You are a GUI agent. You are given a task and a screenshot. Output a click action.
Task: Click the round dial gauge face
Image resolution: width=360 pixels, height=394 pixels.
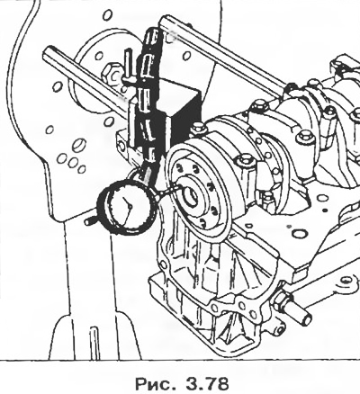click(128, 207)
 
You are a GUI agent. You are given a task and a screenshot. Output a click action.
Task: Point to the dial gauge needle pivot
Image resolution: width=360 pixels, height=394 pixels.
click(130, 206)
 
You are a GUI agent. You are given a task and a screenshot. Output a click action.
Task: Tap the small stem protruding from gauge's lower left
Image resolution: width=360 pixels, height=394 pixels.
click(90, 221)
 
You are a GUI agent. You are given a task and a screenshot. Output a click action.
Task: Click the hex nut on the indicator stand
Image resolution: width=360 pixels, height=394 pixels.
click(111, 74)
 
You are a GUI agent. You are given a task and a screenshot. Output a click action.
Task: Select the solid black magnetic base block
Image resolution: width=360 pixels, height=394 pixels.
click(181, 119)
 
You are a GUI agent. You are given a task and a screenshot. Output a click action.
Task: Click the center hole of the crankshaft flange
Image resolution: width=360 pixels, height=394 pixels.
click(191, 197)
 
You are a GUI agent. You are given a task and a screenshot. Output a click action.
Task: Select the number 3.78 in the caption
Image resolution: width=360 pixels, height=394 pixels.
click(208, 383)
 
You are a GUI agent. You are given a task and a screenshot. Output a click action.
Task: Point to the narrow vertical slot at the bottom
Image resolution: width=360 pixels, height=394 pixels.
click(94, 343)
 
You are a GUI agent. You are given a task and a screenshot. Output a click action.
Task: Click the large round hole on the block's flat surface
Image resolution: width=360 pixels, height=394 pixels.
click(300, 233)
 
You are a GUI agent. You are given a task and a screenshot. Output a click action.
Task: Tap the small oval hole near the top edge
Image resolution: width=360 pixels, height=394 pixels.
click(108, 14)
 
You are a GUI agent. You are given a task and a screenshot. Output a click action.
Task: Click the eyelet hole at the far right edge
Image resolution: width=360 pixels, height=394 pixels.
click(346, 280)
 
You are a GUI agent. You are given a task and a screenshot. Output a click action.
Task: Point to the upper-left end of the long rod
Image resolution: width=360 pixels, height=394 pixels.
click(48, 51)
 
